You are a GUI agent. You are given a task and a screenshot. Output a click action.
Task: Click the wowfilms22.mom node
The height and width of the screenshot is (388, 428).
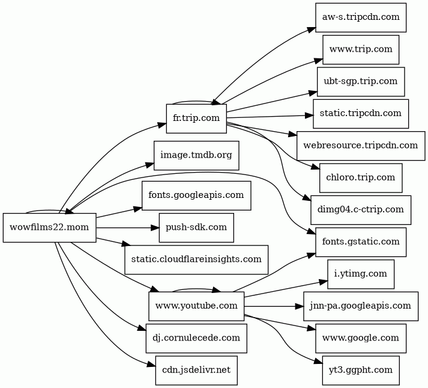coord(50,227)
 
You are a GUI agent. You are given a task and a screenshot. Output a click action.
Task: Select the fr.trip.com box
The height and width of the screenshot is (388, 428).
coord(196,118)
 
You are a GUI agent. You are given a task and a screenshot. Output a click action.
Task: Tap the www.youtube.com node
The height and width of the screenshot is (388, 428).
coord(196,306)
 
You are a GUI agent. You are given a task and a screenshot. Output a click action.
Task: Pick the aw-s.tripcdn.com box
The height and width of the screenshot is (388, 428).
coord(361,17)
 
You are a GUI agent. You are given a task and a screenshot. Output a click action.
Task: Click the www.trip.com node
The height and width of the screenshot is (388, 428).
coord(361,49)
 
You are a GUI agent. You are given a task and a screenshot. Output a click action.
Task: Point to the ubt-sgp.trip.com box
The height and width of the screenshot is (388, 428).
coord(361,81)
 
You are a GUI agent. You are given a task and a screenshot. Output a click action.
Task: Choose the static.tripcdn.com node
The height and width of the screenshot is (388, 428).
coord(361,113)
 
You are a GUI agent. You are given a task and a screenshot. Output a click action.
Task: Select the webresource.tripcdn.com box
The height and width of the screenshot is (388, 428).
coord(361,146)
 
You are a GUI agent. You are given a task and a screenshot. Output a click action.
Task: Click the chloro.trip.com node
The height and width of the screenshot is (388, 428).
coord(361,177)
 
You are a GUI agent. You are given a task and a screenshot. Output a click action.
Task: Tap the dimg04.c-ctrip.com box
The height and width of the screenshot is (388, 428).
coord(361,210)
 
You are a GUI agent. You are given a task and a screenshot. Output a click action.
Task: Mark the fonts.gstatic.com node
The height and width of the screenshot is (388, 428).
coord(361,242)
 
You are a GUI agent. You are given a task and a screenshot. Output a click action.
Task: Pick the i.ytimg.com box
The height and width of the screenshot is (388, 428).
coord(361,274)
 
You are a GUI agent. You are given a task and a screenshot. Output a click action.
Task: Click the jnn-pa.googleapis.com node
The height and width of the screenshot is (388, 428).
coord(361,306)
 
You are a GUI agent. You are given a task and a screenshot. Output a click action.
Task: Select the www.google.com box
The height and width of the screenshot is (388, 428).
coord(361,338)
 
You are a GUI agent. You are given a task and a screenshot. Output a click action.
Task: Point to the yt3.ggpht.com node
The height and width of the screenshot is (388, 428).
coord(361,370)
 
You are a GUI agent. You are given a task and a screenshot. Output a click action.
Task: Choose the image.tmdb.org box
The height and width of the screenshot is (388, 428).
coord(196,156)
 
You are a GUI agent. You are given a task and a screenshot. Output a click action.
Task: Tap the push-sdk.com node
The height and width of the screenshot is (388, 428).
coord(196,227)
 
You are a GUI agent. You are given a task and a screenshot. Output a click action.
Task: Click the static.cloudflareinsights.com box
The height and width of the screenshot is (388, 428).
coord(196,259)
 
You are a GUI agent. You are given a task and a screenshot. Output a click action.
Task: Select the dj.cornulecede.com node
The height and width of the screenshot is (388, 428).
coord(196,338)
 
